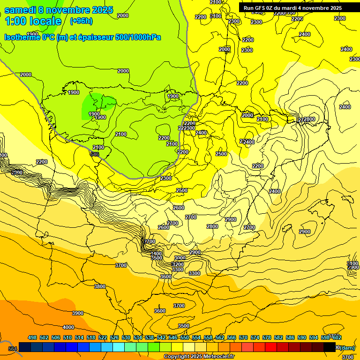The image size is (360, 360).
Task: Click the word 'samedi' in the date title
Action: pos(19,10)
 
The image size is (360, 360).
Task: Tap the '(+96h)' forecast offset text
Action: pos(81,21)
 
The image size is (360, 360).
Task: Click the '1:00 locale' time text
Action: pos(33,21)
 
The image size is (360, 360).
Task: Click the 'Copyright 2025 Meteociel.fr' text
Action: pos(199,357)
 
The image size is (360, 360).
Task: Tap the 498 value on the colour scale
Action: pos(32,337)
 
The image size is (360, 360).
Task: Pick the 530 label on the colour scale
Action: pos(126,337)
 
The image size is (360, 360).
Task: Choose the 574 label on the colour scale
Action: pos(255,337)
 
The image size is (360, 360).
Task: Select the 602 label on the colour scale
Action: pos(337,337)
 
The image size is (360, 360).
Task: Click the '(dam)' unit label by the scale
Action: pos(347,347)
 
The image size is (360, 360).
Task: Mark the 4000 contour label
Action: pos(68,327)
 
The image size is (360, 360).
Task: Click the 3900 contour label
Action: pos(78,313)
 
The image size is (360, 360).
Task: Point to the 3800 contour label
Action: pos(100,286)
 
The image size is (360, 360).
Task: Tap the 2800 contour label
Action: pos(212,226)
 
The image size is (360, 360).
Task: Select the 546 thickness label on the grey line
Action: pos(95,153)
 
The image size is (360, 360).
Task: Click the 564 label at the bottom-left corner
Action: pos(13,348)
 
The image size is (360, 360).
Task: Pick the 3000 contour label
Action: pos(180,258)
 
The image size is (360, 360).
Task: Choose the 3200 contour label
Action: pos(178,264)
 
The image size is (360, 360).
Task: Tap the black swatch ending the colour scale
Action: pos(330,347)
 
